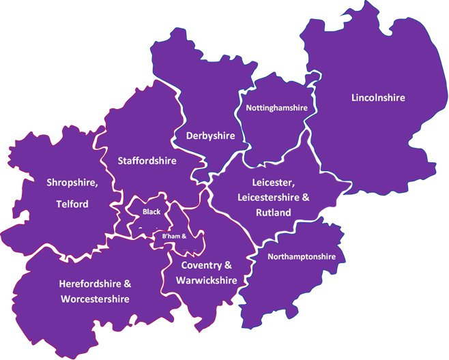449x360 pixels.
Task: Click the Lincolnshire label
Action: tap(378, 97)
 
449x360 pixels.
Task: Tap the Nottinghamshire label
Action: tap(276, 108)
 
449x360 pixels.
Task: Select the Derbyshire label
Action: tap(211, 136)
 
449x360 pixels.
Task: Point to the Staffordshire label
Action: tap(147, 162)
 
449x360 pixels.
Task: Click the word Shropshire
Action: tap(72, 183)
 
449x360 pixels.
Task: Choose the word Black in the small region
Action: tap(151, 212)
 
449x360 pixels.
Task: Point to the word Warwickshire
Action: tap(206, 280)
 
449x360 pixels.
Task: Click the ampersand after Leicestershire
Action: tap(306, 198)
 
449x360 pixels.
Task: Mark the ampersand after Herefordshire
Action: tap(127, 283)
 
